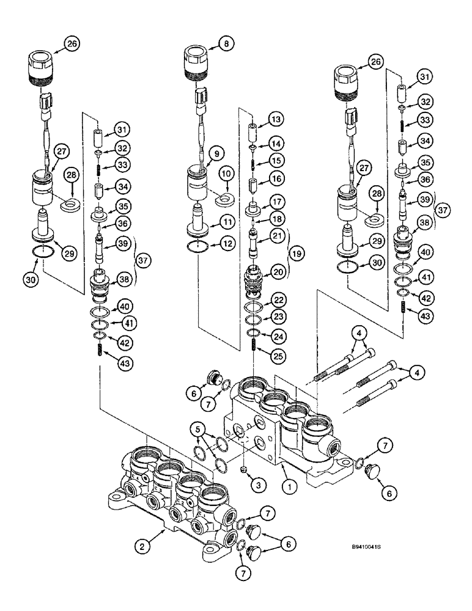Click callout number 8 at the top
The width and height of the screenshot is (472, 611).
click(227, 43)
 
